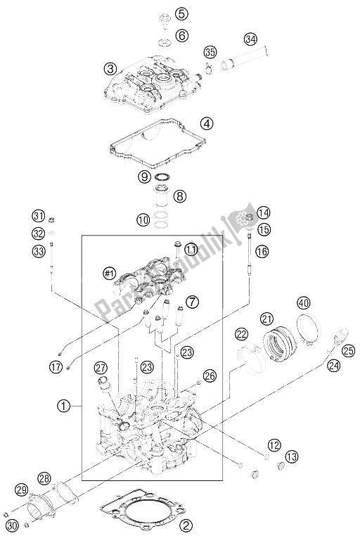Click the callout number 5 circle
pos(182,13)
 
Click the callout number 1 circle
pos(64,406)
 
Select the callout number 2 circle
pos(186,523)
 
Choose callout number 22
pos(241,314)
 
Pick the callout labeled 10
pos(143,220)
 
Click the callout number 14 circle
pos(263,213)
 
